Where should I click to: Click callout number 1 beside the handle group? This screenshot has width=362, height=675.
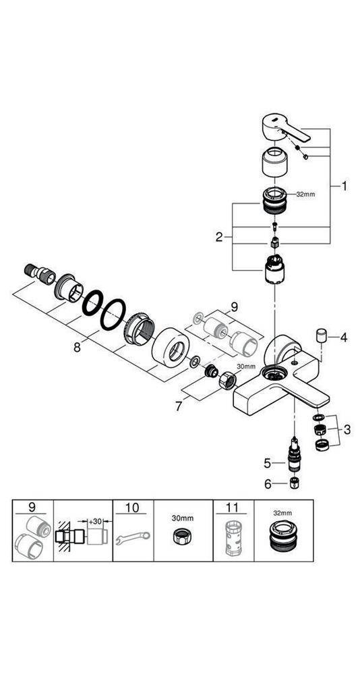click(344, 186)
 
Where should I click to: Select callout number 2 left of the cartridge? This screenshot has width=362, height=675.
click(219, 237)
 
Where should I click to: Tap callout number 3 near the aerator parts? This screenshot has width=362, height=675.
click(347, 429)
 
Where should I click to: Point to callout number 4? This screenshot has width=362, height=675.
click(344, 337)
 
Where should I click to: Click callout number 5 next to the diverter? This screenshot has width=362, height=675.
click(268, 463)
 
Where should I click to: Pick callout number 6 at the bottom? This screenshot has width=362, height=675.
click(268, 484)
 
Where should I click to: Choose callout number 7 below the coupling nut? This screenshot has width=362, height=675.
click(179, 406)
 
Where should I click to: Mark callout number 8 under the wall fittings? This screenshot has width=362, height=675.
click(77, 347)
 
